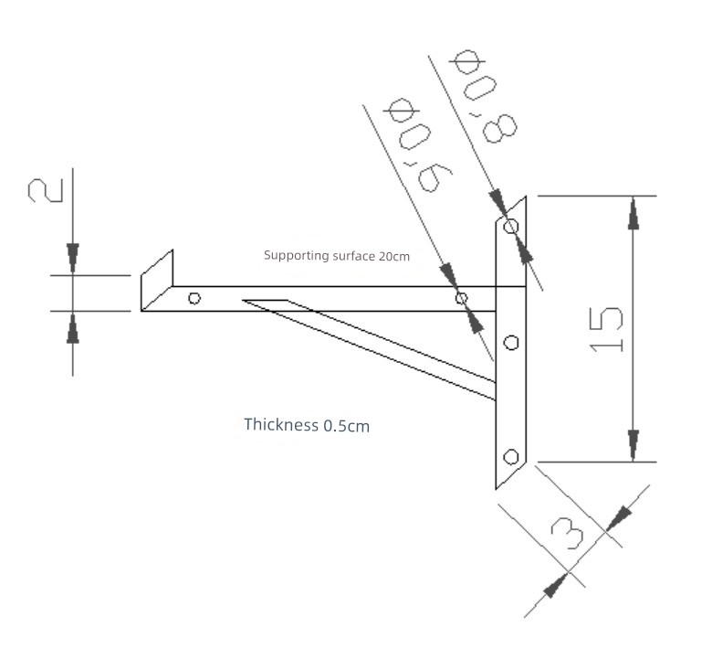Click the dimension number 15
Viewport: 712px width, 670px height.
point(606,330)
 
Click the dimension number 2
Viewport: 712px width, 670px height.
point(46,190)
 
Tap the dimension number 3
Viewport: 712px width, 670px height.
point(567,533)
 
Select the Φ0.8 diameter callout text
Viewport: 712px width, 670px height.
point(484,96)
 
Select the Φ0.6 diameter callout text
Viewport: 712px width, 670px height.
point(418,144)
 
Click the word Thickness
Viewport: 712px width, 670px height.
point(281,424)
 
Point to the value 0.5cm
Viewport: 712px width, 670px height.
point(347,426)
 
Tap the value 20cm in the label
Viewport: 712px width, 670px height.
point(394,256)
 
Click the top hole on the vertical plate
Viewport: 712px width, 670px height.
point(511,226)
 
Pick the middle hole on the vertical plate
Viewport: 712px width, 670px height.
point(512,342)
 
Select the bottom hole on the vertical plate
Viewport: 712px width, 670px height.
point(511,457)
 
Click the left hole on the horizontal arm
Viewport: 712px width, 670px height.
point(194,298)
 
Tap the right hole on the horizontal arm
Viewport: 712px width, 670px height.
point(461,298)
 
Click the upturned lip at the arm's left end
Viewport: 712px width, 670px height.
point(157,280)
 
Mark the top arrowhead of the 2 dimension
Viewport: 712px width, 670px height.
point(73,258)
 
